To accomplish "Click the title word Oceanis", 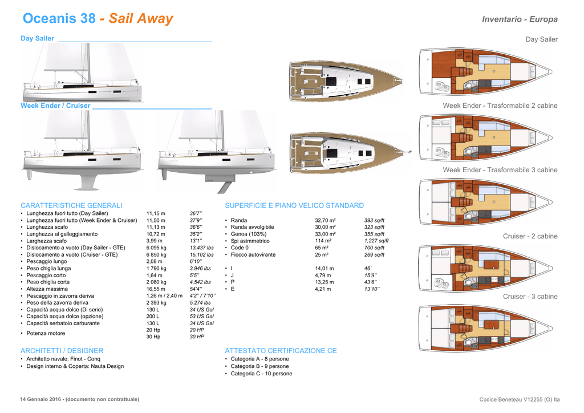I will point(51,19).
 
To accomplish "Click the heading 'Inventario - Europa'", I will point(520,19).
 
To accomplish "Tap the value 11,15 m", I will point(156,213).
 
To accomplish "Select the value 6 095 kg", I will point(156,248).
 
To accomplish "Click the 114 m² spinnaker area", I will point(323,241).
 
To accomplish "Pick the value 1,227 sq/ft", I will point(376,241).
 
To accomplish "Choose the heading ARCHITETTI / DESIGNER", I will point(62,351).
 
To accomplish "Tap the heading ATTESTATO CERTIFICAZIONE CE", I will point(281,351).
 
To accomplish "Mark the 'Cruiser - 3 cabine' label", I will point(530,297).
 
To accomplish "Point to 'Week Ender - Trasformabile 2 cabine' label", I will point(500,106).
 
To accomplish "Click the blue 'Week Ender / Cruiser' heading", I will point(55,106).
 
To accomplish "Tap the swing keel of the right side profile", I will point(226,187).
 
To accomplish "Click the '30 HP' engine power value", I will point(197,337).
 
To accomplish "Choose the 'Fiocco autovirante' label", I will point(256,254).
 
